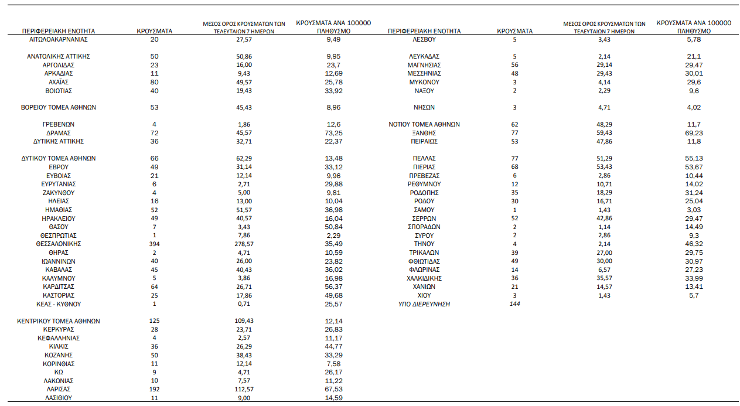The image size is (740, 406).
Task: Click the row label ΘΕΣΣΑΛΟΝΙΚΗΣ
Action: pyautogui.click(x=58, y=244)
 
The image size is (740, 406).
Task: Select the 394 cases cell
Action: pyautogui.click(x=155, y=244)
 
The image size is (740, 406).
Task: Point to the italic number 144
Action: pyautogui.click(x=514, y=304)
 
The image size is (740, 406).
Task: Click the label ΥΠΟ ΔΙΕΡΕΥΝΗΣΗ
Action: pyautogui.click(x=424, y=304)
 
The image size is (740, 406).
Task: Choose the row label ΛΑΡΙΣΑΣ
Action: pyautogui.click(x=58, y=389)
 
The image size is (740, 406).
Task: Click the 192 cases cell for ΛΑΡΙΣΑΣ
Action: pyautogui.click(x=155, y=389)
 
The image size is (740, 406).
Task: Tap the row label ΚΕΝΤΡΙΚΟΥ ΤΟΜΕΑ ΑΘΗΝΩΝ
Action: pyautogui.click(x=58, y=321)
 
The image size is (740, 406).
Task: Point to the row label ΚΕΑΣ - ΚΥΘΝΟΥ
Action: pyautogui.click(x=58, y=304)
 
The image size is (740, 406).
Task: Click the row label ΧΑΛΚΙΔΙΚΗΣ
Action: pyautogui.click(x=424, y=278)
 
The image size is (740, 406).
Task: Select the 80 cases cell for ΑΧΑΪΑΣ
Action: pyautogui.click(x=155, y=82)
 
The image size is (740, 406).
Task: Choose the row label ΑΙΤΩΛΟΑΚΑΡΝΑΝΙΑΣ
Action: pyautogui.click(x=58, y=39)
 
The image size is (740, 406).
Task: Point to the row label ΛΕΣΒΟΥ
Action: pyautogui.click(x=424, y=39)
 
